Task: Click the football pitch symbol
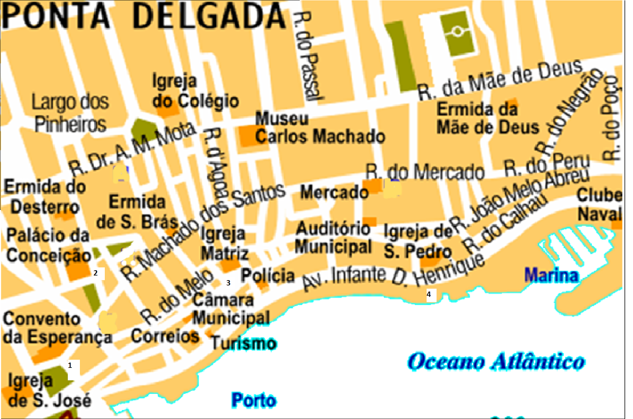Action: coord(458,32)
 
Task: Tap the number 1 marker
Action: coord(70,365)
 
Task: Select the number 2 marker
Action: coord(95,273)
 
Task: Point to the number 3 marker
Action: coord(228,283)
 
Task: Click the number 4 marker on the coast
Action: coord(429,294)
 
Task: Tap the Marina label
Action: coord(552,275)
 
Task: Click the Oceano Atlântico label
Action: coord(496,362)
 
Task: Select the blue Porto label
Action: coord(254,400)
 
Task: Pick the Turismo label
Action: coord(244,343)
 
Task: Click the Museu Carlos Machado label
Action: coord(320,128)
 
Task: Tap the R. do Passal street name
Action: coord(309,55)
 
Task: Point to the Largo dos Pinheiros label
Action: coord(70,113)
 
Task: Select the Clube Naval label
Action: coord(599,205)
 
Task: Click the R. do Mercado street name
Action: coord(425,172)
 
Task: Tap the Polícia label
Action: coord(268,276)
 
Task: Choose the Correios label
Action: coord(165,336)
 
